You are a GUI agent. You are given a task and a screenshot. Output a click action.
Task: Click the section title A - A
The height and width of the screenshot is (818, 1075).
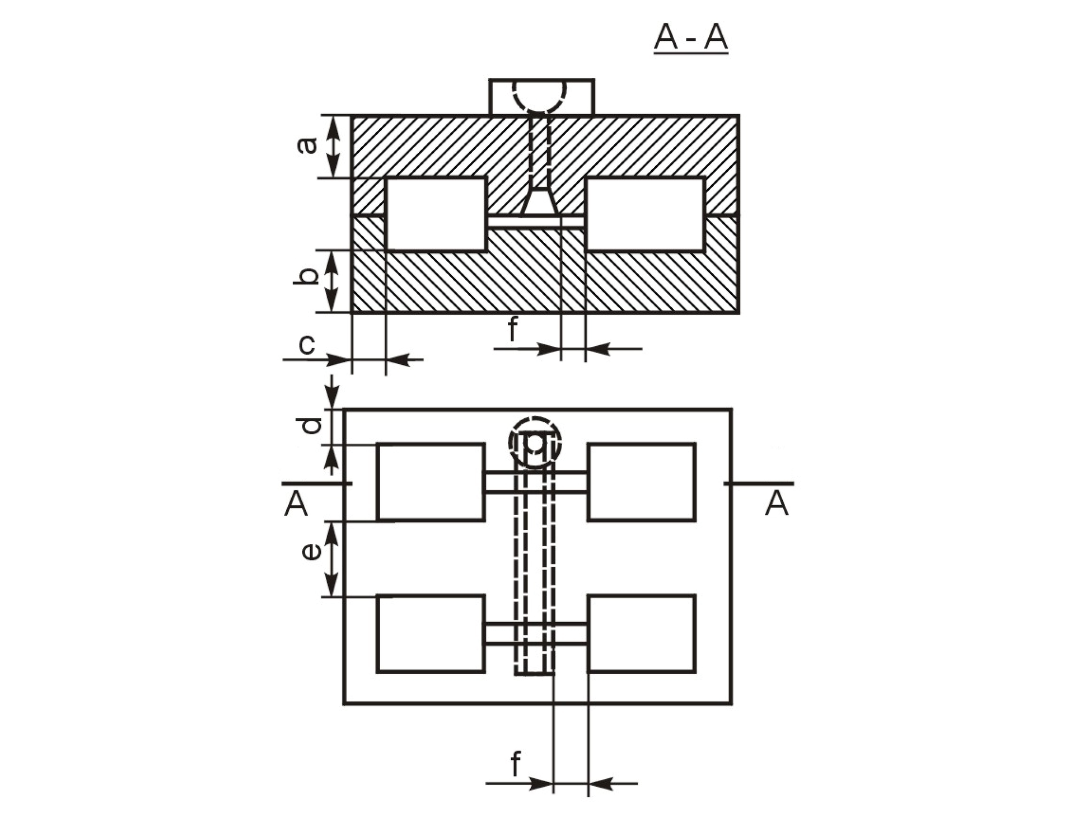691,38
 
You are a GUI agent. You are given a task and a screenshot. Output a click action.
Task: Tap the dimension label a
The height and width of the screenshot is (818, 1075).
307,145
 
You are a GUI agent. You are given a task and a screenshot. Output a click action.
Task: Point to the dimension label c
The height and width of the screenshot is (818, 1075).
307,345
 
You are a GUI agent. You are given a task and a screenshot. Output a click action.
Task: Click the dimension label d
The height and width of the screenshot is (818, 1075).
311,425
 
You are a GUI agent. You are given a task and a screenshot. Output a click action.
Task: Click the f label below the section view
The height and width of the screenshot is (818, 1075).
512,329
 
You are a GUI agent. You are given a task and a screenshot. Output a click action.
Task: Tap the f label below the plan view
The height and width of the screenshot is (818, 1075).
515,764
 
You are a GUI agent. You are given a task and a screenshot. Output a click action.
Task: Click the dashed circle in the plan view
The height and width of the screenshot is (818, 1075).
535,442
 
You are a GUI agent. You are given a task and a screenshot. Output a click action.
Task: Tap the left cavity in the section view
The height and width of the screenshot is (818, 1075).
436,214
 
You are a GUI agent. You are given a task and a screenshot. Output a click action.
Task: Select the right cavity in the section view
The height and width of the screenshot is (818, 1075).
644,214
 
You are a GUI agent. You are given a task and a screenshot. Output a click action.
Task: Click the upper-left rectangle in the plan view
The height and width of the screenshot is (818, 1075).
431,482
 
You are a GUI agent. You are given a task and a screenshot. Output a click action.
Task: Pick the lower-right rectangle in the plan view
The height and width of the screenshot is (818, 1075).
642,633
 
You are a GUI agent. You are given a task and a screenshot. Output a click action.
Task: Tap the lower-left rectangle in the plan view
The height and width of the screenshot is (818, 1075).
431,633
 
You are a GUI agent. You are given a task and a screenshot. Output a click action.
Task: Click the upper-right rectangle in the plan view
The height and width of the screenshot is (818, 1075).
642,482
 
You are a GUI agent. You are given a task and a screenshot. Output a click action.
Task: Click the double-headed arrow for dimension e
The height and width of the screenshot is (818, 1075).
333,560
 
